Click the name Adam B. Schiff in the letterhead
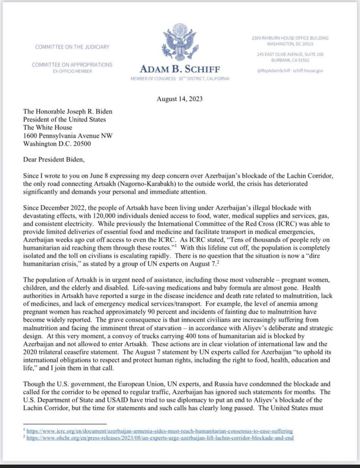pos(180,69)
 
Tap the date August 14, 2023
pos(180,99)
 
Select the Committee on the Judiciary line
pos(72,47)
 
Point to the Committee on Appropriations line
pos(72,65)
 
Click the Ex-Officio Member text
pos(72,71)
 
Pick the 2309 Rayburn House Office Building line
pos(290,38)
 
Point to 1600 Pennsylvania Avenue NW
pos(68,136)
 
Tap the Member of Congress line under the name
pos(180,79)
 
